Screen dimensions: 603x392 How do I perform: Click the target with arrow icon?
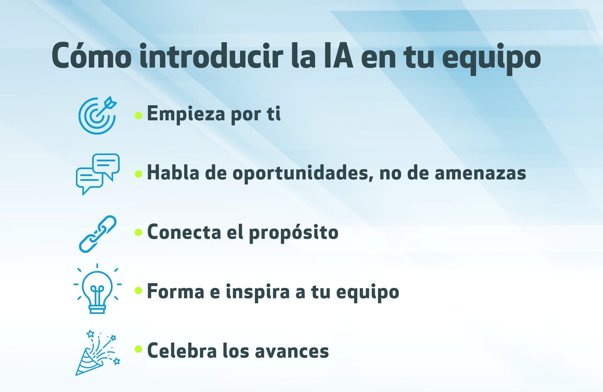coord(97,115)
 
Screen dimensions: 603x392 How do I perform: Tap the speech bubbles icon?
coord(98,174)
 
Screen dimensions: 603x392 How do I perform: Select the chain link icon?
coord(98,234)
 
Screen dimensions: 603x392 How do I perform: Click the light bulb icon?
coord(98,289)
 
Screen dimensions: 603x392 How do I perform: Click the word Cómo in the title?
coord(91,56)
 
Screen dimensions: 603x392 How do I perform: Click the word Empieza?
coord(186,114)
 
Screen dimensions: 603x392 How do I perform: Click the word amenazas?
coord(480,174)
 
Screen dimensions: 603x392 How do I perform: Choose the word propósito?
coord(294,233)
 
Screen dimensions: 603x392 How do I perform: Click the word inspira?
coord(257,292)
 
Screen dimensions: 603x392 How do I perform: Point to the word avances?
coord(292,352)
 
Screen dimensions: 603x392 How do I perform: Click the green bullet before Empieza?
coord(138,115)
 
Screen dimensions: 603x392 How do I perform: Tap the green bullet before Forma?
coord(138,290)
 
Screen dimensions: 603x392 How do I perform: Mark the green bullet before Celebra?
coord(138,349)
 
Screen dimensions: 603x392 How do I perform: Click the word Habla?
coord(173,173)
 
